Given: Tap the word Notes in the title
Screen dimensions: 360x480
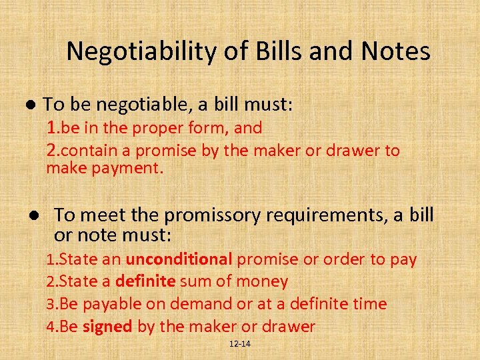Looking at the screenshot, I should [x=397, y=51].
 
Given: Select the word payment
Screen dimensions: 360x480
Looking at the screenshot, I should [x=129, y=168].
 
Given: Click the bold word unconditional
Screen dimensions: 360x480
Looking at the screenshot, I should [x=179, y=259].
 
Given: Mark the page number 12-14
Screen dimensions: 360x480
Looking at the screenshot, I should [x=239, y=344].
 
